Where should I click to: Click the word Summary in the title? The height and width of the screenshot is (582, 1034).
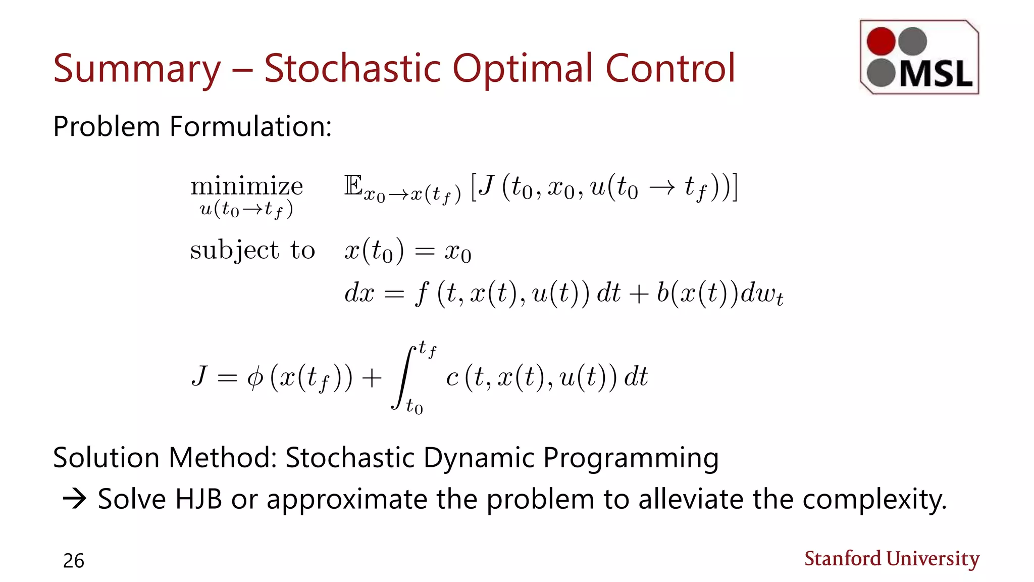pos(137,69)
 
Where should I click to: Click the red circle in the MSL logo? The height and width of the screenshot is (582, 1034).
pos(881,41)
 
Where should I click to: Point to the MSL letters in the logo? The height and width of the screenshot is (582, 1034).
pos(936,75)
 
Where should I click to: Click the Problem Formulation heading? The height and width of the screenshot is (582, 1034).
pos(192,126)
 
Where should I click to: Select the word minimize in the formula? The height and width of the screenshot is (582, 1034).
pos(246,186)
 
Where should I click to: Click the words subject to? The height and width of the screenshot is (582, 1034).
pos(252,250)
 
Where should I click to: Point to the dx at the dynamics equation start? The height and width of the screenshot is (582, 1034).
pos(359,293)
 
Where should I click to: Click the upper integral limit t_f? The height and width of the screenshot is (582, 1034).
pos(427,349)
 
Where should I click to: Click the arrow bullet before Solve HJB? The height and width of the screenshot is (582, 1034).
pos(74,499)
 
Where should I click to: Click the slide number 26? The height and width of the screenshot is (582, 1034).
pos(74,561)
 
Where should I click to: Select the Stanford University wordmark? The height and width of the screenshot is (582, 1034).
pos(892,559)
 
